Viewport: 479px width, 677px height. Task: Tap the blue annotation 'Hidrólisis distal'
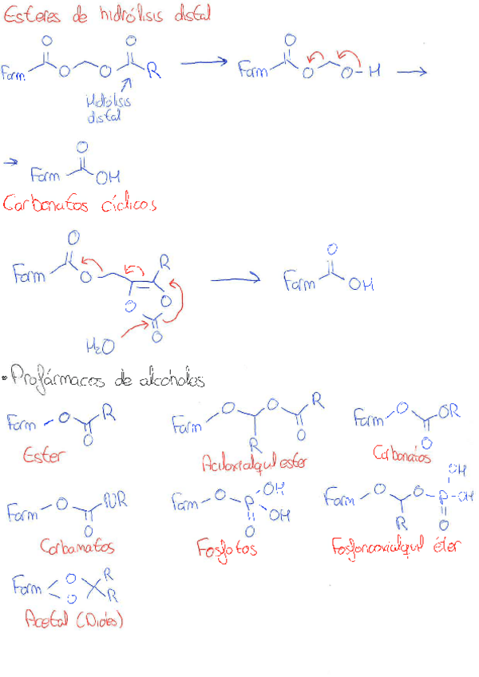tap(110, 109)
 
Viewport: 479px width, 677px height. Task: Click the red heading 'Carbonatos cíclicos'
tap(79, 204)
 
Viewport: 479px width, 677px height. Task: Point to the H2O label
tap(99, 346)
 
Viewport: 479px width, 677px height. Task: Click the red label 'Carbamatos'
tap(77, 548)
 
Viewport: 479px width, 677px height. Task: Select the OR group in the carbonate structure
tap(449, 413)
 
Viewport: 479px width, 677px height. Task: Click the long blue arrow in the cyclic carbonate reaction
tap(238, 279)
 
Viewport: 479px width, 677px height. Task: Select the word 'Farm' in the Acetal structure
tap(29, 588)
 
